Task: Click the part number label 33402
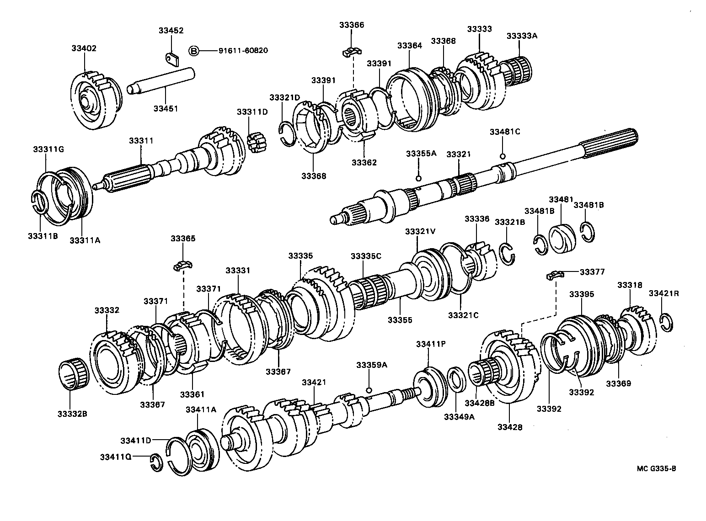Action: tap(84, 48)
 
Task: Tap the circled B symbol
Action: tap(194, 50)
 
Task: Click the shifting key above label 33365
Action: tap(183, 265)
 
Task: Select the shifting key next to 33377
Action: tap(554, 275)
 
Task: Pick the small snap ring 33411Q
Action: tap(155, 462)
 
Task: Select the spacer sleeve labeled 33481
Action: tap(561, 237)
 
